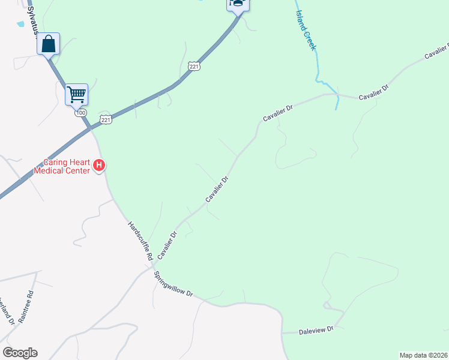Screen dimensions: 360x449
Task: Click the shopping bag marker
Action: pos(48,43)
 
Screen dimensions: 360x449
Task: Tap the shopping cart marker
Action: pos(76,94)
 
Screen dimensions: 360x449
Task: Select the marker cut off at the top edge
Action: pos(238,5)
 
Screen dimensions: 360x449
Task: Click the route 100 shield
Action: pos(81,113)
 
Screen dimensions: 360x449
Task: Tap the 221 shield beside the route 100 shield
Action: pos(106,120)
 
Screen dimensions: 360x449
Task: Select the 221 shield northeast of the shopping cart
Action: pos(193,67)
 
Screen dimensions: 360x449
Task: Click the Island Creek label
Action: pos(305,30)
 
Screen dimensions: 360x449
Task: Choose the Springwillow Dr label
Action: pos(173,285)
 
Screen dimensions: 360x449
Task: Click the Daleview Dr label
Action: pos(316,331)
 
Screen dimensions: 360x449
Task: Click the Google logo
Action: pos(20,353)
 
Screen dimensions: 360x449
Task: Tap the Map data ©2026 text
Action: pos(423,355)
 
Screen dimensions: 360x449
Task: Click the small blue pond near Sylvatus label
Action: pos(21,23)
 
